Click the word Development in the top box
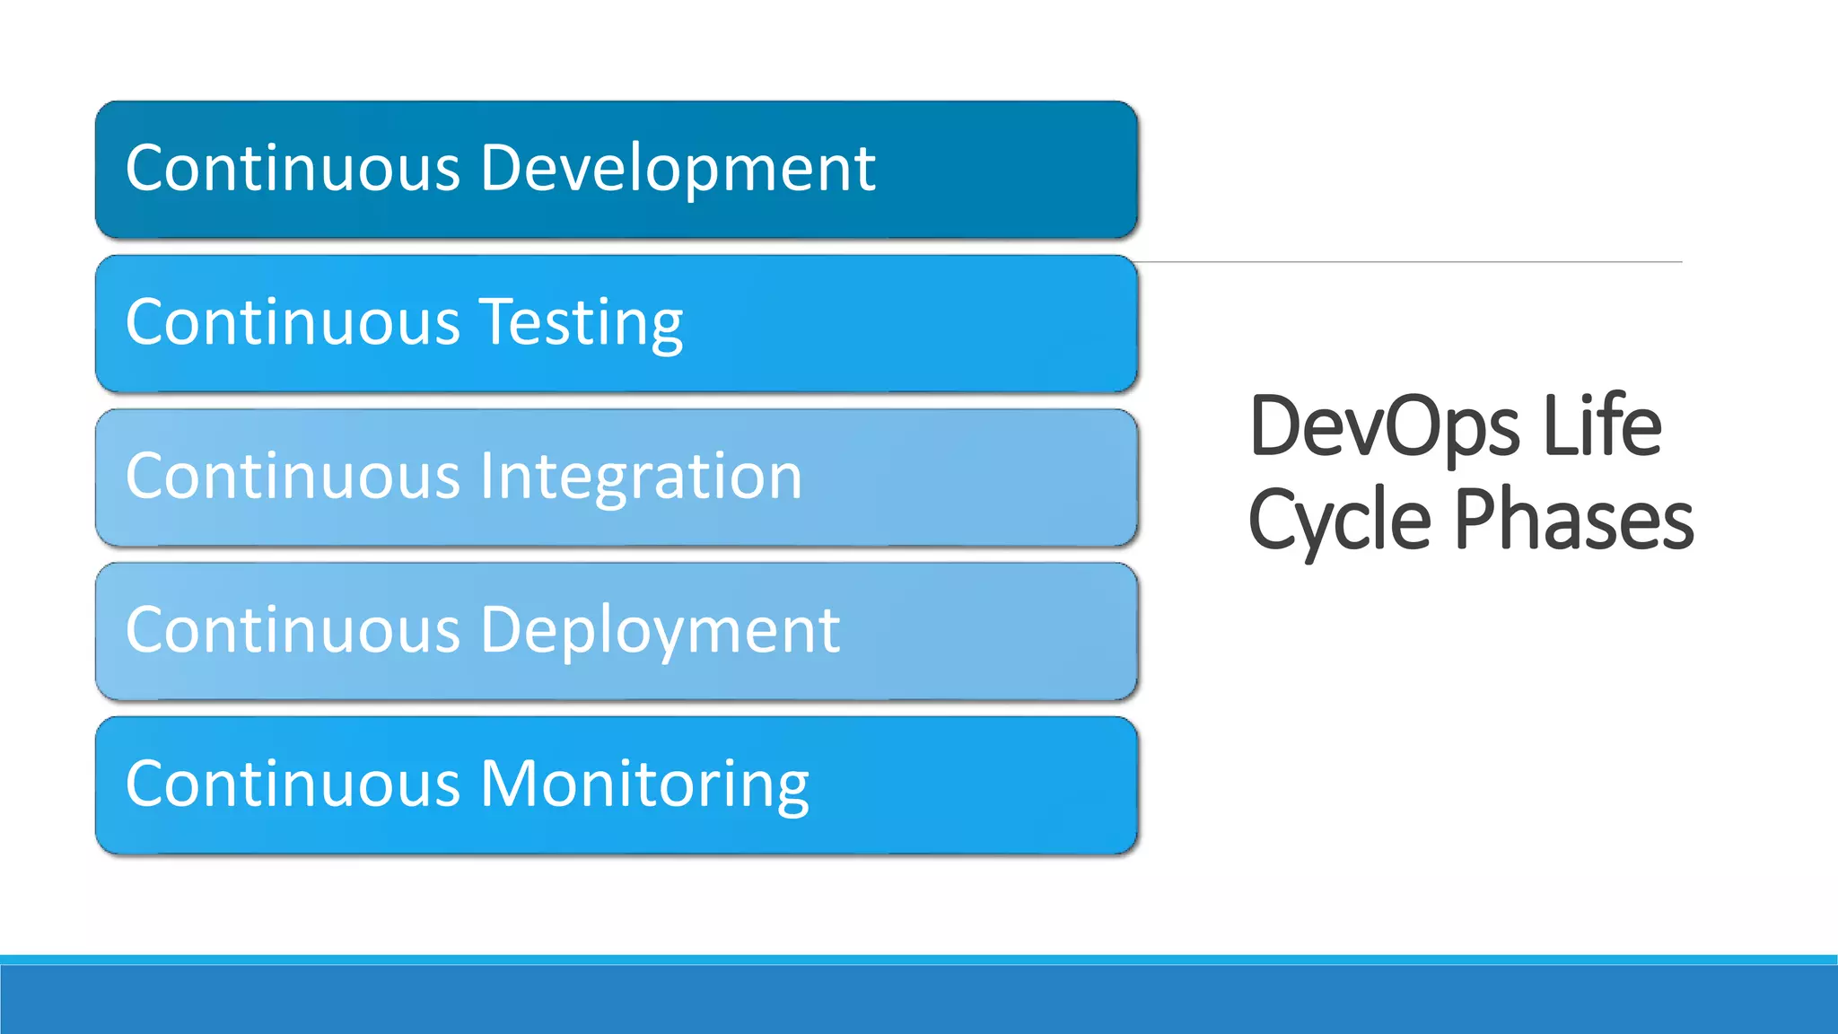pyautogui.click(x=678, y=169)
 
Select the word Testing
pyautogui.click(x=582, y=323)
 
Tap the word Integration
pyautogui.click(x=641, y=477)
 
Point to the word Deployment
pyautogui.click(x=660, y=630)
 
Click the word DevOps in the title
pyautogui.click(x=1384, y=427)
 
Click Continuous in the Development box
pyautogui.click(x=293, y=169)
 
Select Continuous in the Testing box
pyautogui.click(x=293, y=323)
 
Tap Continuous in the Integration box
pyautogui.click(x=293, y=477)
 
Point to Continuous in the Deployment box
pyautogui.click(x=293, y=630)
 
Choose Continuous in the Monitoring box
pyautogui.click(x=293, y=784)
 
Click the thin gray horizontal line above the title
pyautogui.click(x=1409, y=262)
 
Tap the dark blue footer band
pyautogui.click(x=919, y=1000)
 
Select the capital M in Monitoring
pyautogui.click(x=508, y=784)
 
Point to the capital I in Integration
pyautogui.click(x=486, y=476)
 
